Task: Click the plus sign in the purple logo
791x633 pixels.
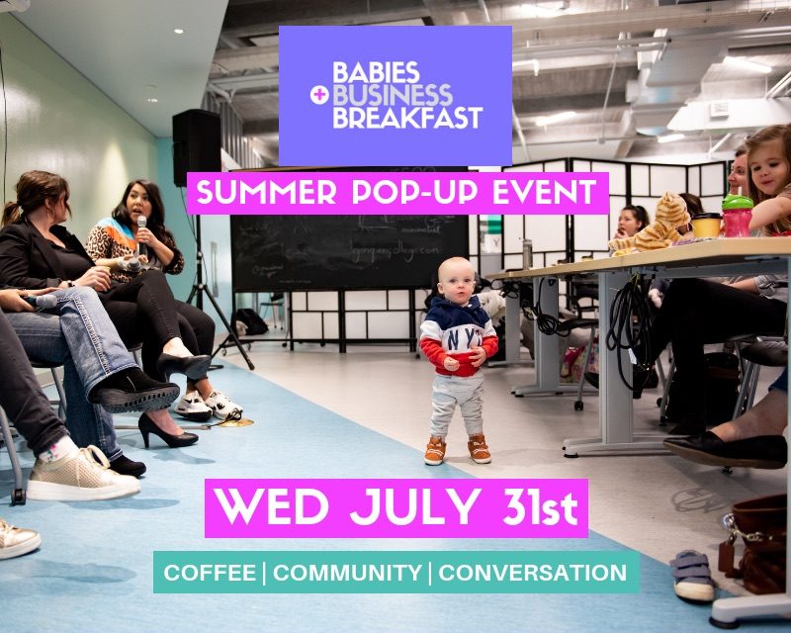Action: [317, 97]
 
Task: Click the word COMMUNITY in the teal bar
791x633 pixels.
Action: [347, 573]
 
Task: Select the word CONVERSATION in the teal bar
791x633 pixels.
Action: [532, 573]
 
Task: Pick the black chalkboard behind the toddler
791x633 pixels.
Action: [346, 253]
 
